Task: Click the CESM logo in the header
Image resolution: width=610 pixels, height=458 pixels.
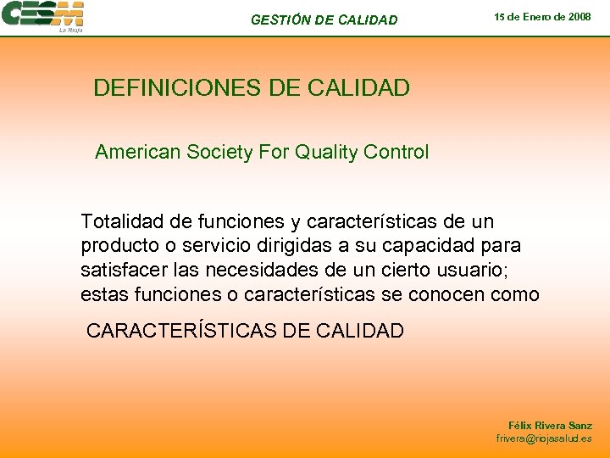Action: [x=42, y=16]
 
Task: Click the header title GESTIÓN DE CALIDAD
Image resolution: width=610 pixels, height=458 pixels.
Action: [x=324, y=20]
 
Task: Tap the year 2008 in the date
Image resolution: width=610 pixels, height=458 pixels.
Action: [x=579, y=17]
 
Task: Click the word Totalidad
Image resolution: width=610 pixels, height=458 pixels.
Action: [x=122, y=222]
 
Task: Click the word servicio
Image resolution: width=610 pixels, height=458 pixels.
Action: [x=201, y=247]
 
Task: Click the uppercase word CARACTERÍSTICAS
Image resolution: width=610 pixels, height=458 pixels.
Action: [x=181, y=331]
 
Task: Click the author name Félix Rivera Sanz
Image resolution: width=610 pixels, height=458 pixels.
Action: [x=550, y=425]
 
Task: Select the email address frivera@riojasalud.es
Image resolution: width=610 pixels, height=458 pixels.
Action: [x=544, y=438]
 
